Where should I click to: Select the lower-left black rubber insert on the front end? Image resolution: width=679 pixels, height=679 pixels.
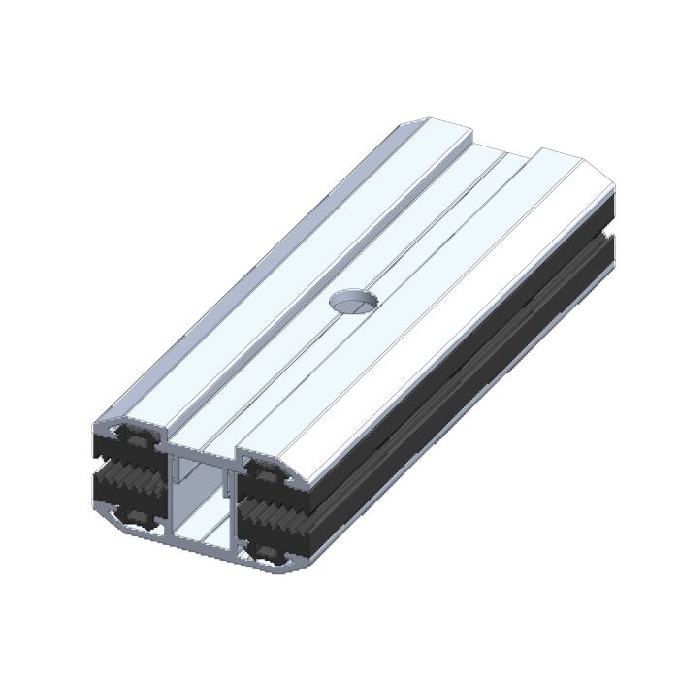point(130,511)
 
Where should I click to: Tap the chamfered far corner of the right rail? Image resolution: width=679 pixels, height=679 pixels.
point(602,176)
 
